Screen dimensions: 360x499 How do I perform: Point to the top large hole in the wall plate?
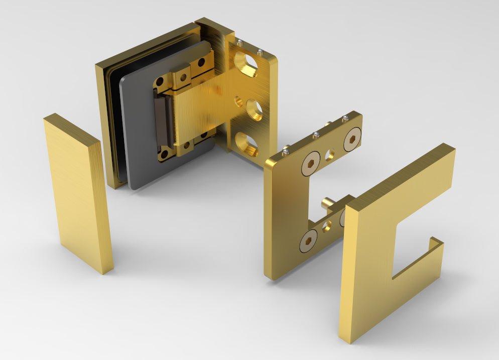248,64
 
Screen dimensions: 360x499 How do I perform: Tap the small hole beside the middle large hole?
238,102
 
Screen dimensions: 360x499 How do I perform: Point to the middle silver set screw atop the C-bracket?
316,135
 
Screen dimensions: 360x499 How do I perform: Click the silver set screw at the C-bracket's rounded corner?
285,149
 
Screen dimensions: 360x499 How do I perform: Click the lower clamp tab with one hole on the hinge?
185,146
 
